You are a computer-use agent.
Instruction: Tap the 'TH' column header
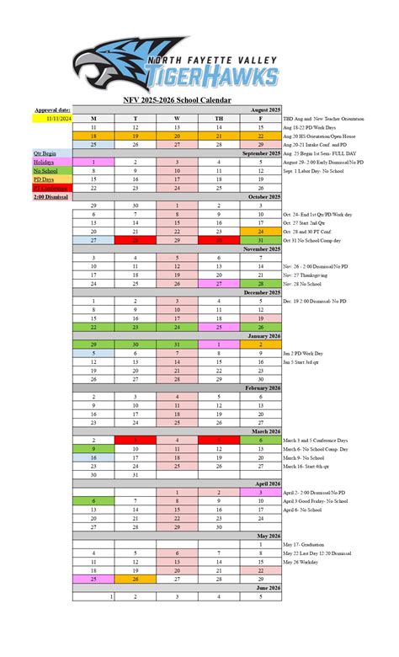(219, 119)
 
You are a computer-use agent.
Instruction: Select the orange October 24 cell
(261, 232)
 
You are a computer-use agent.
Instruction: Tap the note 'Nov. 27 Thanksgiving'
(313, 275)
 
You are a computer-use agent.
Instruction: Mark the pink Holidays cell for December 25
(219, 326)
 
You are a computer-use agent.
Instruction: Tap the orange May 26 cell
(135, 579)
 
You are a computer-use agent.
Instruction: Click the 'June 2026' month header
(264, 587)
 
